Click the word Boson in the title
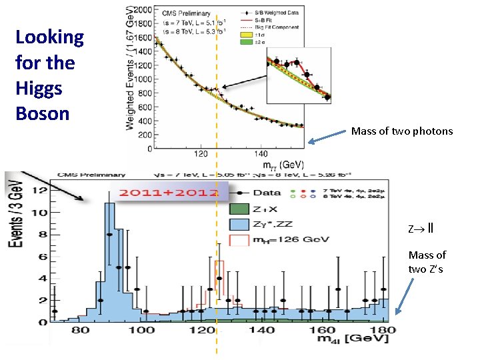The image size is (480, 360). click(x=42, y=113)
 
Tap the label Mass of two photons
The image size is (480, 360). click(x=401, y=131)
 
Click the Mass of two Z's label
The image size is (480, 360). click(x=427, y=262)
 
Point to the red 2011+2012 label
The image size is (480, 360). click(x=169, y=193)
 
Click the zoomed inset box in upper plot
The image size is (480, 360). click(x=298, y=79)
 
